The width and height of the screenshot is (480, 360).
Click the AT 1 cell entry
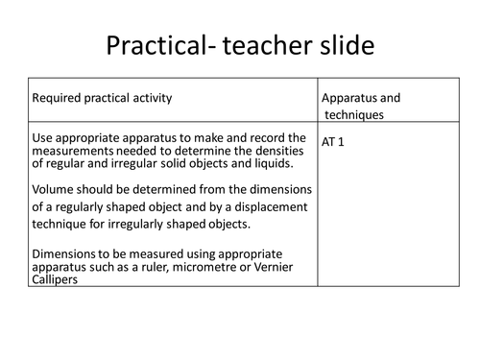coord(338,140)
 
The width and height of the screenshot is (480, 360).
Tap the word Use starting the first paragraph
coord(42,135)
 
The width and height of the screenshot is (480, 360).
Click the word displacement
coord(271,205)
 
